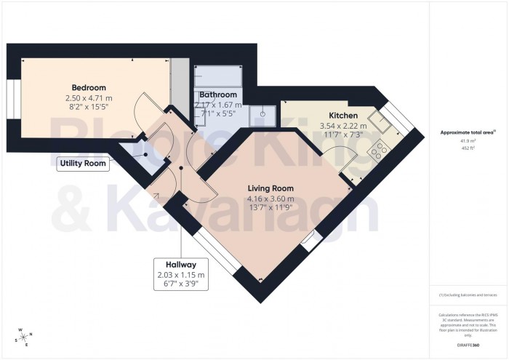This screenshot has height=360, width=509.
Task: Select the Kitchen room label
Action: pos(343,116)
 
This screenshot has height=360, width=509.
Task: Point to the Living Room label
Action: pos(270,188)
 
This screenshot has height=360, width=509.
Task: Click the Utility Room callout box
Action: pos(83,164)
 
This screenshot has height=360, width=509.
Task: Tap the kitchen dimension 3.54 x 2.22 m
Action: pos(343,126)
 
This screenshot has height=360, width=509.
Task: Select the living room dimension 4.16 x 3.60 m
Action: pos(270,199)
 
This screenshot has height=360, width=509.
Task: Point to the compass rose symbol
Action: pos(25,337)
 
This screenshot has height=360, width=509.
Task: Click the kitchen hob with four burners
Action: pos(379,151)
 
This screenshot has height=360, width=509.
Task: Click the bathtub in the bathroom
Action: pos(217,76)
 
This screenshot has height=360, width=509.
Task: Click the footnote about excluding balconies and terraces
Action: pos(468,295)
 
